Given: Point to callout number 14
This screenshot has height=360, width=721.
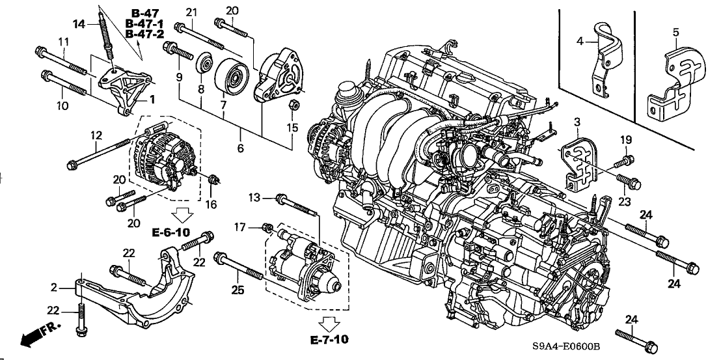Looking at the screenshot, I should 79,25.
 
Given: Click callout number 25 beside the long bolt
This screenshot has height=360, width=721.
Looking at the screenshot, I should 238,290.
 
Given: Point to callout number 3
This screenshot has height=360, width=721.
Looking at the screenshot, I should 576,122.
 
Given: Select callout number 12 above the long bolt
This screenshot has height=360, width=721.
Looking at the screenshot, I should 96,135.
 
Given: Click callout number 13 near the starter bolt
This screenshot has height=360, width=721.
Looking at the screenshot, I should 254,197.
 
